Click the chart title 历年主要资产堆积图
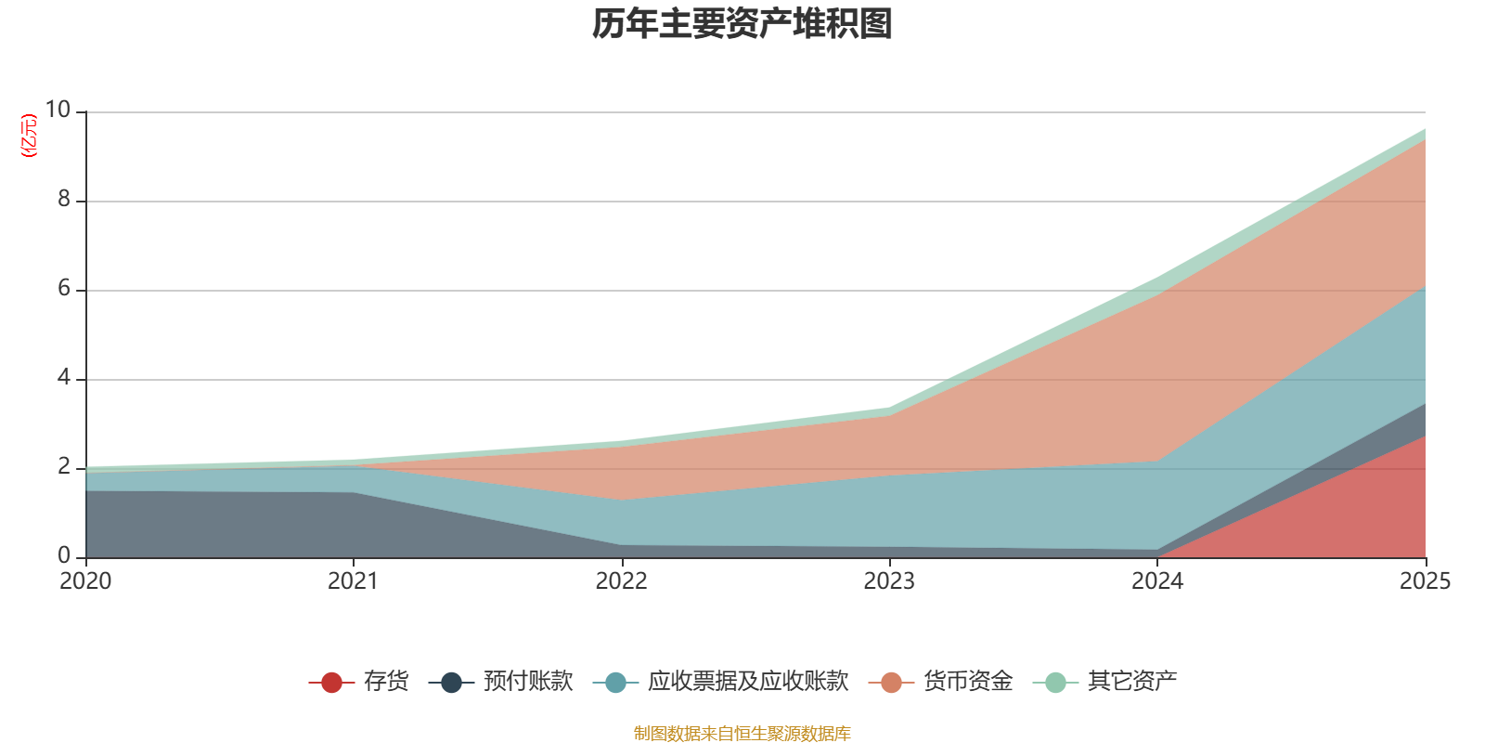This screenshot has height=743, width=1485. tap(742, 24)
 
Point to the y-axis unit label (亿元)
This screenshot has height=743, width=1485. tap(29, 136)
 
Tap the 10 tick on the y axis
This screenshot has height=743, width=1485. tap(58, 111)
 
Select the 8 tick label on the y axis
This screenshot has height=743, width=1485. tap(64, 199)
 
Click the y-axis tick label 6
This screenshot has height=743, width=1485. tap(64, 289)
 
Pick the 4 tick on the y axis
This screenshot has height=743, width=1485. tap(64, 378)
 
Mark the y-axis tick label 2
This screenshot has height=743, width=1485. tap(64, 467)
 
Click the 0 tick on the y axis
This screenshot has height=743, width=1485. tap(64, 556)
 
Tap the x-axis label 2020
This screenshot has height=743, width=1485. tap(85, 581)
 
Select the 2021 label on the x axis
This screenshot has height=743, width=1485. tap(353, 581)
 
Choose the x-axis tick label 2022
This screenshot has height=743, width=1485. tap(621, 581)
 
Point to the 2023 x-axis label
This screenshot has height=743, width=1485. tap(889, 581)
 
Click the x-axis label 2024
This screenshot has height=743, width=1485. tap(1156, 581)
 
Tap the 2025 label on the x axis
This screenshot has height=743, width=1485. tap(1425, 581)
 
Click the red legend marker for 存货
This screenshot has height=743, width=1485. tap(331, 683)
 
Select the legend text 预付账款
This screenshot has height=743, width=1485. tap(527, 682)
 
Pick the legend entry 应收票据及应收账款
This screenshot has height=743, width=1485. tap(747, 682)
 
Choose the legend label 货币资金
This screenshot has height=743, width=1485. tap(967, 682)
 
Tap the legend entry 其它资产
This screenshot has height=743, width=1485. tap(1132, 682)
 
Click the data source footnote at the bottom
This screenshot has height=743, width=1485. tap(742, 734)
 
